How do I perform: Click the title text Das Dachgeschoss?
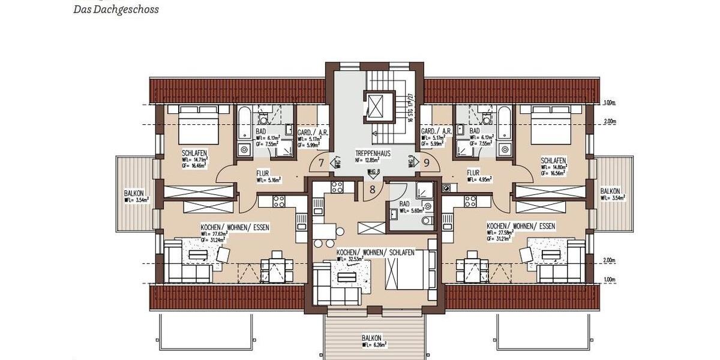coord(116,10)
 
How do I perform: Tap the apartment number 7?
coord(321,163)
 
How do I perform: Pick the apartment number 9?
coord(427,161)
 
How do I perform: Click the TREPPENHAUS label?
coord(373,154)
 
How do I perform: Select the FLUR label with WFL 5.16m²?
coord(264,173)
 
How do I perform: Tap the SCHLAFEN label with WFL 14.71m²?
coord(194,153)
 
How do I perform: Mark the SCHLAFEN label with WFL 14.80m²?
coord(553,161)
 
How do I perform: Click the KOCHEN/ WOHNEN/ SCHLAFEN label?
coord(375,253)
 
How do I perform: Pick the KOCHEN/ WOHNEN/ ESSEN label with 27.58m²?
coord(520,226)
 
